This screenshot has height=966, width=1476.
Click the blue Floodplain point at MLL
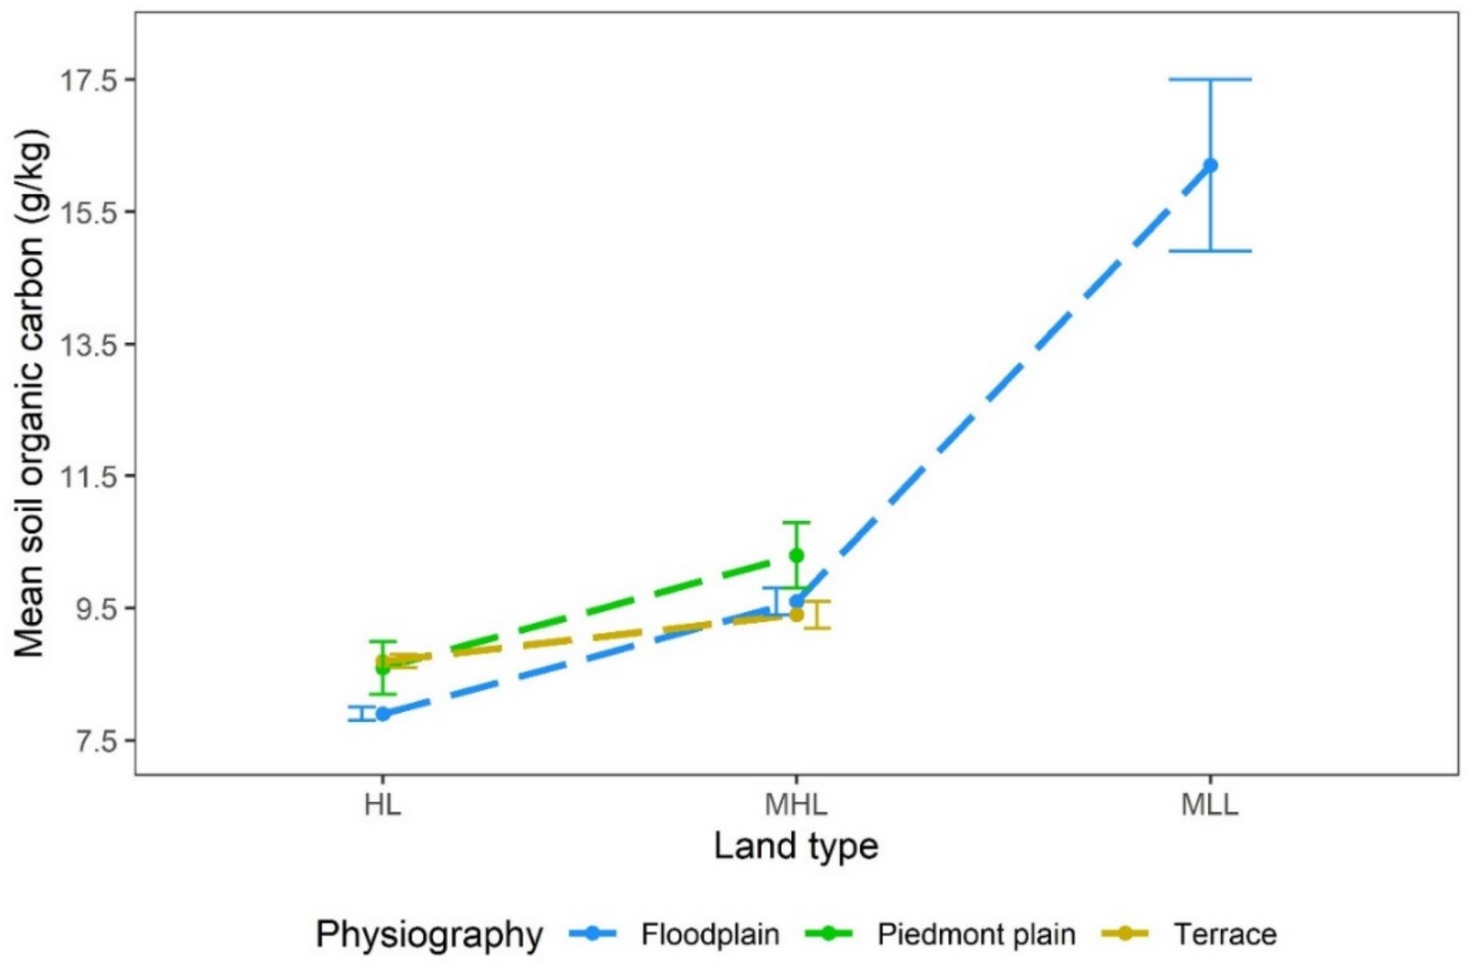1210,165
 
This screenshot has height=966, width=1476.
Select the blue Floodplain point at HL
383,714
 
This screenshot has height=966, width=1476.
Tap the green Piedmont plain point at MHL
796,555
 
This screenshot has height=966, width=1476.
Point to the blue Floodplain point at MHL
796,601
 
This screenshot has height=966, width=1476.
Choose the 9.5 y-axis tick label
96,608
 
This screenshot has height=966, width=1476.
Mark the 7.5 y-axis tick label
96,741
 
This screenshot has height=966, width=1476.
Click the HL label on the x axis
382,805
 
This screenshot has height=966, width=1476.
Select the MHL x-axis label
796,805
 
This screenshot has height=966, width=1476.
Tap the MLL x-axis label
1209,805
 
